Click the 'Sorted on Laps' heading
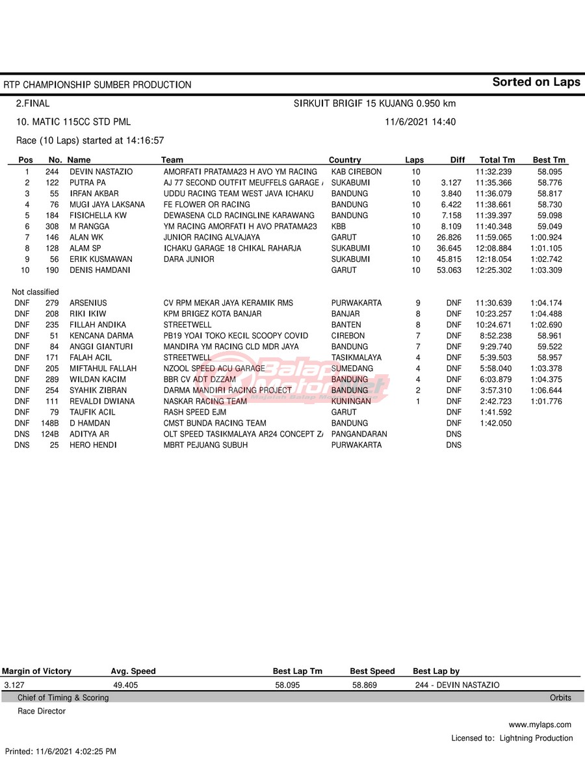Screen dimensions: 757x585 [536, 82]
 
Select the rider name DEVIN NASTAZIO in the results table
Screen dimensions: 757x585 [101, 172]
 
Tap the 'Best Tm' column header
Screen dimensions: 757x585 [549, 160]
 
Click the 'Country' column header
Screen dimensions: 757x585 [344, 160]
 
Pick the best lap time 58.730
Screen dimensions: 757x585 [551, 205]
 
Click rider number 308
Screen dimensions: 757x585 [52, 226]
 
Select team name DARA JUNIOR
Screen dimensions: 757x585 [188, 259]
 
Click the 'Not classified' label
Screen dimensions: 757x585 [35, 292]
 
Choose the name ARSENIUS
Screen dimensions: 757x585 [88, 303]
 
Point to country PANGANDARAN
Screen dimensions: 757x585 [359, 434]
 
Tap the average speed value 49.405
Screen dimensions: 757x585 [125, 685]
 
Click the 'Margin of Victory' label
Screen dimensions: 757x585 [36, 671]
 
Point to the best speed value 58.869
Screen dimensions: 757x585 [365, 685]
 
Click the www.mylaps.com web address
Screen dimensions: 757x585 [539, 725]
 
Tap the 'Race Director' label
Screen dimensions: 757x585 [42, 711]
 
